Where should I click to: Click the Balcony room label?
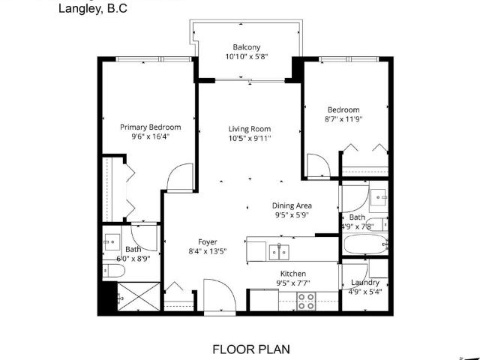point(247,47)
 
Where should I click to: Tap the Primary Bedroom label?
point(150,127)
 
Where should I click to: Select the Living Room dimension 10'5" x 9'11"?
point(250,138)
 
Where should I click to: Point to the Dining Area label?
point(292,205)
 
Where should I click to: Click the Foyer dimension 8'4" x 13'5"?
point(208,251)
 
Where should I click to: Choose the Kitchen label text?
point(293,273)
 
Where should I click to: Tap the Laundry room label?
point(365,283)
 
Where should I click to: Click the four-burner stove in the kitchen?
point(306,301)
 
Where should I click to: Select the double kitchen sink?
point(279,252)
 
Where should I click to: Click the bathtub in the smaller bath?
point(365,244)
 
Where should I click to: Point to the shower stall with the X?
point(139,297)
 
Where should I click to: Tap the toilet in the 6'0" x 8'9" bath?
point(113,271)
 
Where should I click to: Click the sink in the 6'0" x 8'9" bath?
point(112,242)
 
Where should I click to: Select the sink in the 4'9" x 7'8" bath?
point(379,197)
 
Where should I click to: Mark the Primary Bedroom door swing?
point(180,178)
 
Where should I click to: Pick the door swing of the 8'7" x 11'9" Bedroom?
point(318,166)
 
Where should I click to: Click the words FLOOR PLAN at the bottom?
point(251,349)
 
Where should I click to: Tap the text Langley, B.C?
point(93,8)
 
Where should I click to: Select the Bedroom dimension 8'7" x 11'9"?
point(343,118)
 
